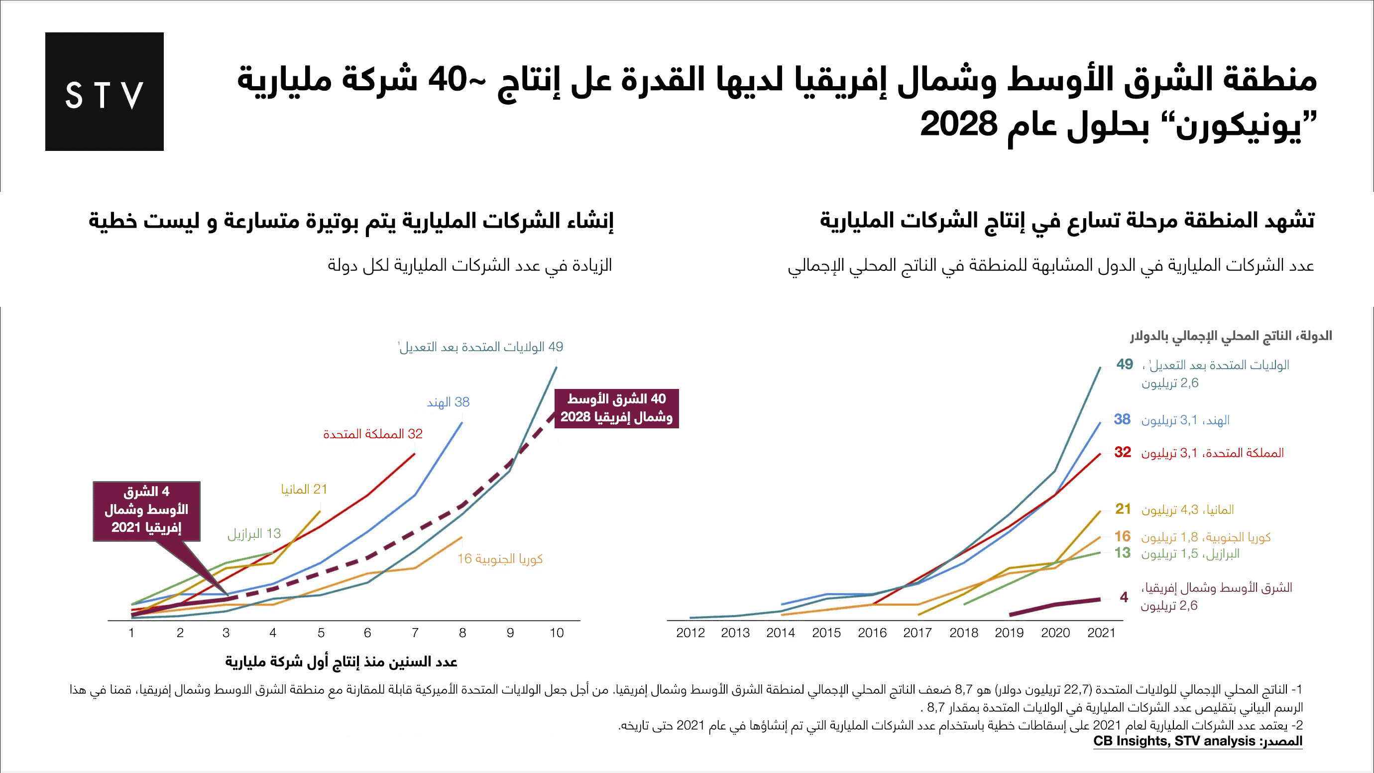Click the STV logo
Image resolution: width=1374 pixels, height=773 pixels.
tap(104, 92)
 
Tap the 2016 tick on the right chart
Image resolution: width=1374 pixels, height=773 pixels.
tap(872, 633)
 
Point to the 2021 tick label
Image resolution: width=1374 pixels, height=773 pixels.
tap(1101, 633)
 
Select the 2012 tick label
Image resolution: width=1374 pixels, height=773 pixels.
tap(690, 633)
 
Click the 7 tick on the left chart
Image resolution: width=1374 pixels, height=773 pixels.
tap(415, 633)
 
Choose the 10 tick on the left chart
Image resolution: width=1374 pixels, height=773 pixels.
tap(557, 633)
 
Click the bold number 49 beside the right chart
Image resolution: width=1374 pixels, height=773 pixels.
tap(1125, 365)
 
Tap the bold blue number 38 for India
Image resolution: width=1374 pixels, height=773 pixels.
tap(1122, 419)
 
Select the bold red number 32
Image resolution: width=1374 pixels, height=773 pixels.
tap(1122, 452)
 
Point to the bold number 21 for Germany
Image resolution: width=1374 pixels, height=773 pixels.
tap(1123, 509)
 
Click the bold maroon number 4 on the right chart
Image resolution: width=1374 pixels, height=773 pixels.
tap(1124, 598)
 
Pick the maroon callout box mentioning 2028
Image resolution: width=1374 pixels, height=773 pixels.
tap(616, 408)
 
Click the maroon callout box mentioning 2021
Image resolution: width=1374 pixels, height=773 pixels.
tap(147, 511)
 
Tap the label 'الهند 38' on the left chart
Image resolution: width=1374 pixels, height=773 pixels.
tap(448, 402)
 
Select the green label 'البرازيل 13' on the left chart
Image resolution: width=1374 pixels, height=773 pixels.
tap(254, 533)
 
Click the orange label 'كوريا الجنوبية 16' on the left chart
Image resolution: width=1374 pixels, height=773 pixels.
tap(500, 558)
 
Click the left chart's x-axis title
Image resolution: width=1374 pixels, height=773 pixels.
tap(342, 662)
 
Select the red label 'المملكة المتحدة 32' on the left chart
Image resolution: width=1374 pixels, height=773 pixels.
tap(372, 434)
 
